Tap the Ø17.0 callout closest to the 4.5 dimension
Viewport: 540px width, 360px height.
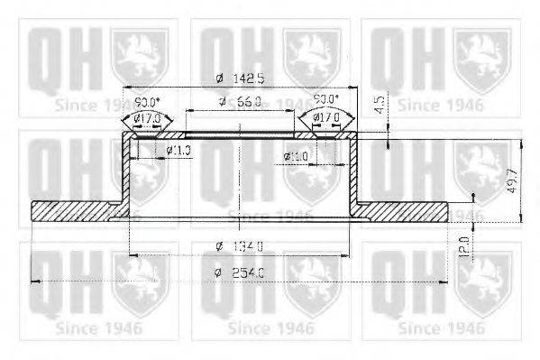326,117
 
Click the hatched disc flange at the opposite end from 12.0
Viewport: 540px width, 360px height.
77,211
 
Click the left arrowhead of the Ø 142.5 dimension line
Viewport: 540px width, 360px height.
125,88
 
